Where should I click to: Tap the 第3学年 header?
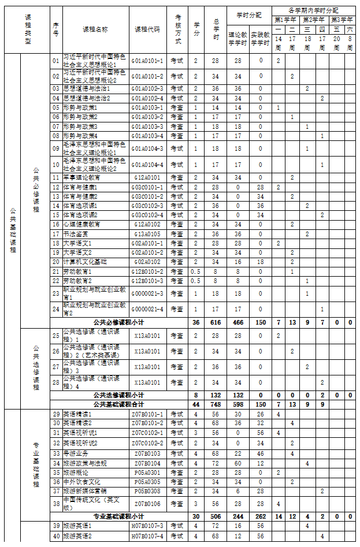(x=343, y=20)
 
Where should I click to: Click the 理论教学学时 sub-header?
(x=237, y=39)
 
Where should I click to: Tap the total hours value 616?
(x=216, y=322)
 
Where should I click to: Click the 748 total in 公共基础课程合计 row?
(x=216, y=404)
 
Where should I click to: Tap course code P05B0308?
(x=147, y=491)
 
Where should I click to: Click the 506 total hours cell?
(x=216, y=516)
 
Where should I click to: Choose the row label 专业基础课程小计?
(x=118, y=516)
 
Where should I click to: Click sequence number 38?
(x=56, y=503)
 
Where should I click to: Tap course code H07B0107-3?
(x=147, y=526)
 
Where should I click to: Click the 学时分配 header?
(x=249, y=14)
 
